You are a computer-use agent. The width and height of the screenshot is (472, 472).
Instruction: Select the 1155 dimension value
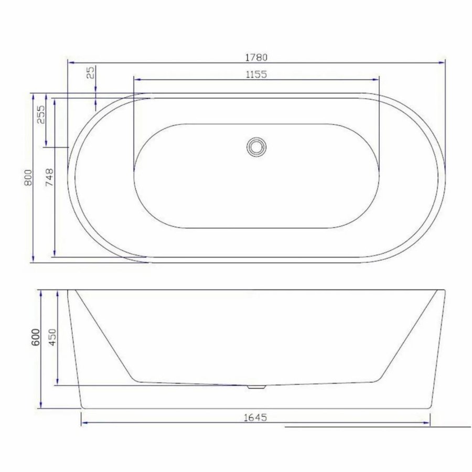click(256, 74)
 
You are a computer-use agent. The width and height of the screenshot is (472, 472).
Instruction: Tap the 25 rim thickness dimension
click(91, 72)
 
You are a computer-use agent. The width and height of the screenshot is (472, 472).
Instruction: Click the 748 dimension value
click(49, 177)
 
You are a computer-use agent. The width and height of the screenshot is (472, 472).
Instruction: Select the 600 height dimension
click(35, 336)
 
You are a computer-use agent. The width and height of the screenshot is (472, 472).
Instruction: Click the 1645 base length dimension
click(256, 417)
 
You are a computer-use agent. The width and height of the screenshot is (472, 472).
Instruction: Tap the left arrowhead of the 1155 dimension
click(137, 79)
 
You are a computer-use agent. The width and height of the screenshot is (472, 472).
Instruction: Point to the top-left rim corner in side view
click(68, 290)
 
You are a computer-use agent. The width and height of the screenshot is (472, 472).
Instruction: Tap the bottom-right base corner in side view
click(431, 408)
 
